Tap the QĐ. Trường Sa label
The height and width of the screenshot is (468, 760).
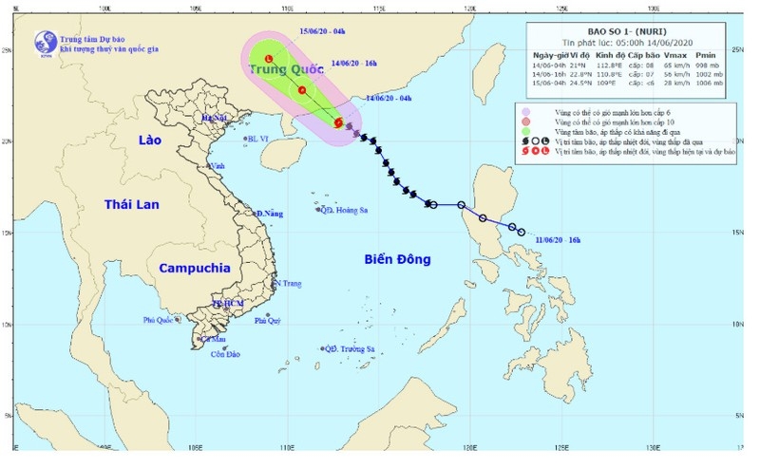pyautogui.click(x=351, y=349)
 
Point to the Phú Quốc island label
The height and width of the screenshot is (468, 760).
pyautogui.click(x=161, y=320)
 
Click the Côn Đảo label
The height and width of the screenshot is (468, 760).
pyautogui.click(x=239, y=355)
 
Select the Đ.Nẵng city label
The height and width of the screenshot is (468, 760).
pyautogui.click(x=270, y=214)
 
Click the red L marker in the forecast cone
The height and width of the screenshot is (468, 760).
pyautogui.click(x=269, y=59)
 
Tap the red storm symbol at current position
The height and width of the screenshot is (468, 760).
pyautogui.click(x=337, y=123)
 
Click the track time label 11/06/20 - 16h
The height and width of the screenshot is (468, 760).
pyautogui.click(x=553, y=242)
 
